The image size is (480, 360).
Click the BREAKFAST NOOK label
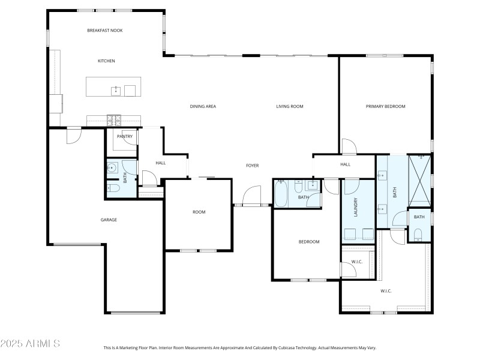[x=104, y=30]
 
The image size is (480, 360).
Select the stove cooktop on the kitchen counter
[x=113, y=119]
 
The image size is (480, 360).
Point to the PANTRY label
[x=124, y=136]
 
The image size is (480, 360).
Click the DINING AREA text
[x=203, y=106]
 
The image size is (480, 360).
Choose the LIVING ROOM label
[x=289, y=106]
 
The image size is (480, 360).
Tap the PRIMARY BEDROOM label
[x=385, y=106]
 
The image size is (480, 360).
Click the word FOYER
[x=252, y=165]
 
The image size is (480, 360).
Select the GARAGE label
[x=109, y=220]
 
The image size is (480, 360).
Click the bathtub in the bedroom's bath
[x=281, y=193]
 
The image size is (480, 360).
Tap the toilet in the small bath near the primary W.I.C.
[x=418, y=233]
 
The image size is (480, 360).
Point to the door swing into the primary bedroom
[x=349, y=146]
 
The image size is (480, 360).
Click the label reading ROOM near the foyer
[x=199, y=212]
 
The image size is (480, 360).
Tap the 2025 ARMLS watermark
[x=30, y=344]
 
